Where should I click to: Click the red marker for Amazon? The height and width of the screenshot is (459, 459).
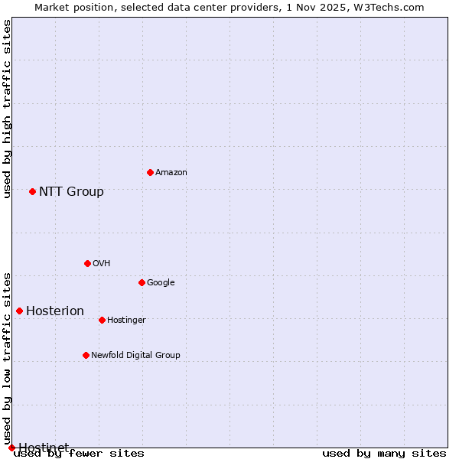pyautogui.click(x=150, y=172)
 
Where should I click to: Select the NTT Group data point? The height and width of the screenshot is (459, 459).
pyautogui.click(x=32, y=191)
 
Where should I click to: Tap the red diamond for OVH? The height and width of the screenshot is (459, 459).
pyautogui.click(x=87, y=263)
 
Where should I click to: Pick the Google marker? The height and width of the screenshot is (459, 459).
pyautogui.click(x=142, y=282)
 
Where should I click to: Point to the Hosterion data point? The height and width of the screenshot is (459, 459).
pyautogui.click(x=19, y=311)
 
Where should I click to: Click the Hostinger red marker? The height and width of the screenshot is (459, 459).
pyautogui.click(x=102, y=320)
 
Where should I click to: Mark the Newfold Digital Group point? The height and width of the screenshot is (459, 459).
pyautogui.click(x=86, y=355)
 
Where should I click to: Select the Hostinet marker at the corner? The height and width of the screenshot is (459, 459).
pyautogui.click(x=11, y=448)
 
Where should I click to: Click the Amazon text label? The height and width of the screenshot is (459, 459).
pyautogui.click(x=171, y=173)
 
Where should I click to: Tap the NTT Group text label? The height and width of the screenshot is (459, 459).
pyautogui.click(x=71, y=192)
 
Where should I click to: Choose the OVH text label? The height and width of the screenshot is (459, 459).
pyautogui.click(x=102, y=264)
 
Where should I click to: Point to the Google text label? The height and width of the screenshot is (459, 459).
pyautogui.click(x=161, y=283)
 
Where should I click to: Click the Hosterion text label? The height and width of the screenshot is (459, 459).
pyautogui.click(x=55, y=311)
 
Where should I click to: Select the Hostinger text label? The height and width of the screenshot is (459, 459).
pyautogui.click(x=126, y=321)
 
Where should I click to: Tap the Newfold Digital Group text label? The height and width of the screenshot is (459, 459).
pyautogui.click(x=135, y=356)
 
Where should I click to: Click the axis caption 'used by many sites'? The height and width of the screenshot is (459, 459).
pyautogui.click(x=384, y=454)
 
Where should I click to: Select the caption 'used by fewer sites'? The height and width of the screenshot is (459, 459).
pyautogui.click(x=79, y=454)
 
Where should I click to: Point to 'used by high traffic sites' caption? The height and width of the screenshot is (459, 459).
pyautogui.click(x=8, y=109)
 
